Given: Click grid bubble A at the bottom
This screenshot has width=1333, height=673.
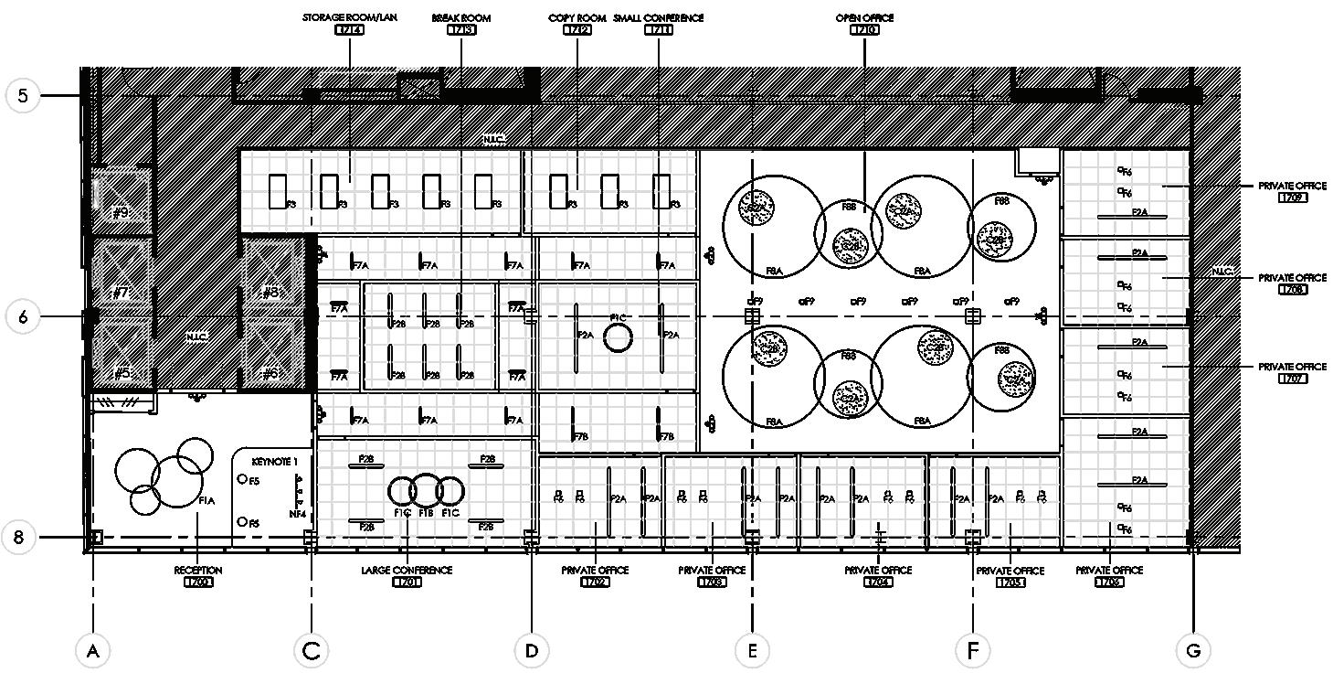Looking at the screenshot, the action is point(92,650).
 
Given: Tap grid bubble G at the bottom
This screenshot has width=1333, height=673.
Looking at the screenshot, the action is point(1192,650).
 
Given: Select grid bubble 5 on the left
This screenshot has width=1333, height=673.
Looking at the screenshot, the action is point(22,95).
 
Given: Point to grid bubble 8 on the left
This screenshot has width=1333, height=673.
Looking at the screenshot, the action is point(18,538).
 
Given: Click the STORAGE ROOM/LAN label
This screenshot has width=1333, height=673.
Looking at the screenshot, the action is point(349,17).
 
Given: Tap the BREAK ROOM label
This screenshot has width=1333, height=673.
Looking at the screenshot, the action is point(460,17).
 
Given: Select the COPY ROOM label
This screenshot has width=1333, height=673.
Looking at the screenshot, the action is point(577,17).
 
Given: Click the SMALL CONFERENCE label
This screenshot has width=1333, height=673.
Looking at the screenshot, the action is point(659,17).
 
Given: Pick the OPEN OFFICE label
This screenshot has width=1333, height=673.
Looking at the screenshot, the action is point(864,17).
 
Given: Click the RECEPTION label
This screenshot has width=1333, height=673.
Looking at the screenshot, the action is point(198,571).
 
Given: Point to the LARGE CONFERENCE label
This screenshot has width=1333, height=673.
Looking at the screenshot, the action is point(407,571).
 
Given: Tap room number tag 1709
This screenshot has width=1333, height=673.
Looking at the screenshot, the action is point(1292,198).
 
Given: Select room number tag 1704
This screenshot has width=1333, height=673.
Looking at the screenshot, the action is point(878,582).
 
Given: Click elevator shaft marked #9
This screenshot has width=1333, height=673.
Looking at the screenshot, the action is point(122,213).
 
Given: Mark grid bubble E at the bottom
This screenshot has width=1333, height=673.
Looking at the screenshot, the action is point(752,650).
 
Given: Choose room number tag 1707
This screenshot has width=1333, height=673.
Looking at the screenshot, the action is point(1292,379).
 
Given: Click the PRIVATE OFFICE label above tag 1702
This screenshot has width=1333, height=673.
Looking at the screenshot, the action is point(595,571).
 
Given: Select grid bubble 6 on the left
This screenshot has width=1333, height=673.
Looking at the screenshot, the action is point(22,316).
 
